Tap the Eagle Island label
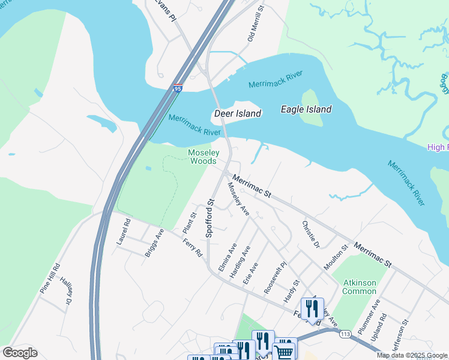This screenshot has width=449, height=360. [x=306, y=109]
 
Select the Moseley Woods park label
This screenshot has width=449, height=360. [x=204, y=157]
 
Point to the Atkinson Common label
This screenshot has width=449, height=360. [x=359, y=287]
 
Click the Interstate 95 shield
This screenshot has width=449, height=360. [x=178, y=88]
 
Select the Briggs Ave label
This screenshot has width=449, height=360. [x=154, y=242]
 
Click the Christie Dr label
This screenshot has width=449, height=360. [x=311, y=235]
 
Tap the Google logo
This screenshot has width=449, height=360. [x=20, y=353]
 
